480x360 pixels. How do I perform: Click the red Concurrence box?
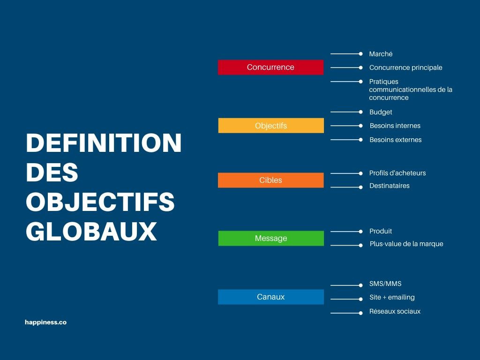tap(270, 67)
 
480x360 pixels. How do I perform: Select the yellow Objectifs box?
tap(271, 126)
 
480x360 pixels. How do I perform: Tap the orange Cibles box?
tap(270, 180)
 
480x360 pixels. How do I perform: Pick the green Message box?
tap(271, 238)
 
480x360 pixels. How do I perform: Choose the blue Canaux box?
tap(271, 297)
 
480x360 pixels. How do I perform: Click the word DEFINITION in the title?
tap(104, 143)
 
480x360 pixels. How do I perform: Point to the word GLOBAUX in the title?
tap(91, 231)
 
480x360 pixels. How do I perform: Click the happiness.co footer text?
tap(45, 322)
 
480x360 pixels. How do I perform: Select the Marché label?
tap(381, 54)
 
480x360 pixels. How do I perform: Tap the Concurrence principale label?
tap(405, 67)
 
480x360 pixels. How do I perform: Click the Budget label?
tap(381, 112)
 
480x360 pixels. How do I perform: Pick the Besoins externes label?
tap(396, 140)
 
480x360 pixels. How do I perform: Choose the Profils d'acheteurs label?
tap(397, 173)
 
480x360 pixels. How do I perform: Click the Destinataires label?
tap(389, 186)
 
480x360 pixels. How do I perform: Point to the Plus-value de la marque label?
tap(406, 244)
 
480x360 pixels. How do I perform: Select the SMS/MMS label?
tap(385, 284)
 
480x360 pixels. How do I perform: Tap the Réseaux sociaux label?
tap(395, 311)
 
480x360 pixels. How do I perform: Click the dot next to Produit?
tap(360, 231)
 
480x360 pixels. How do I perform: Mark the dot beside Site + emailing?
tap(360, 299)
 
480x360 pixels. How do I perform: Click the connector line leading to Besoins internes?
tap(345, 126)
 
